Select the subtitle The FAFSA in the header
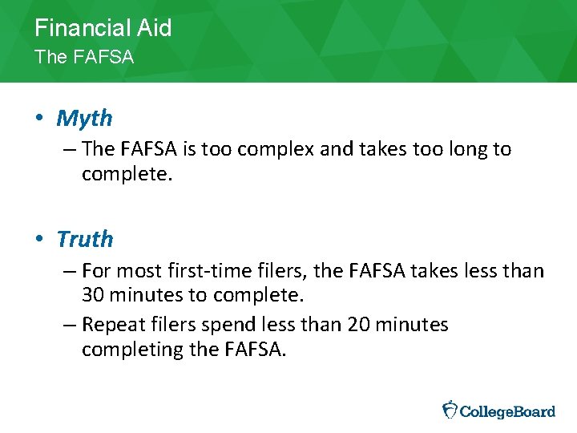[x=84, y=58]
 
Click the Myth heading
[x=84, y=119]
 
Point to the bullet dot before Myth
[x=39, y=119]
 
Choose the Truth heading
[x=85, y=239]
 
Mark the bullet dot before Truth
[x=39, y=239]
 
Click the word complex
[x=263, y=149]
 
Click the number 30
[x=93, y=294]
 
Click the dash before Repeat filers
[x=71, y=325]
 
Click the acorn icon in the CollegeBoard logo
[x=450, y=410]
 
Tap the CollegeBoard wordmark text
[x=508, y=411]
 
